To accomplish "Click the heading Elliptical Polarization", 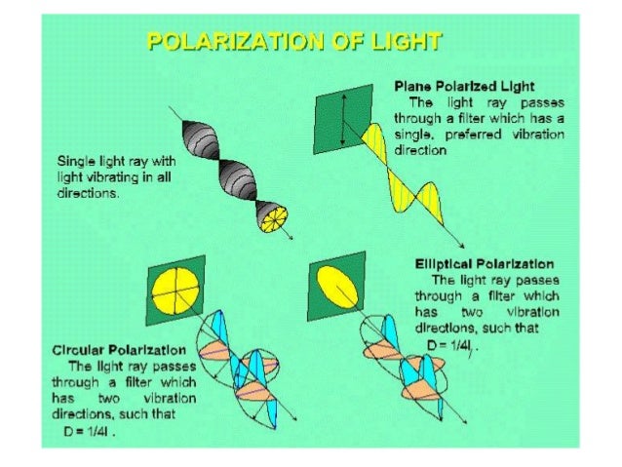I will tap(484, 263).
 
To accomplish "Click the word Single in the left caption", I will tap(77, 161).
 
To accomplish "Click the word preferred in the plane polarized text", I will tap(481, 135).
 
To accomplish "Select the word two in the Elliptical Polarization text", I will tap(481, 312).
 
